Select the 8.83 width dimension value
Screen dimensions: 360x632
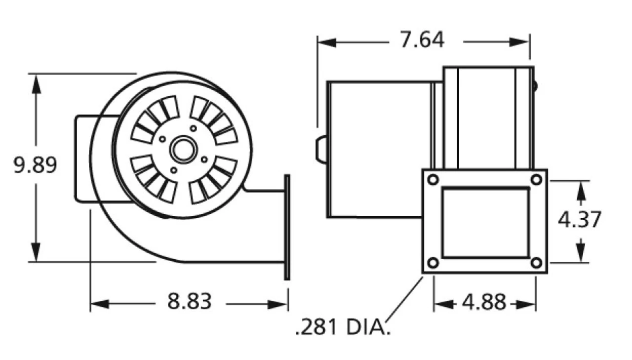189,301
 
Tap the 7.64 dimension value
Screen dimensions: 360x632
422,40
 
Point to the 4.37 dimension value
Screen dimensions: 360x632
580,220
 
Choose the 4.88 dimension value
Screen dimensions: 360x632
484,302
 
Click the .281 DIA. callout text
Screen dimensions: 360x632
342,327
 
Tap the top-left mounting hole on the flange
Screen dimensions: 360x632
433,180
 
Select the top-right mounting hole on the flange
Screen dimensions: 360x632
537,180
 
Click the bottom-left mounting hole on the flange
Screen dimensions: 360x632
433,263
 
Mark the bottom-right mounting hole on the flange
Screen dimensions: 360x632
537,263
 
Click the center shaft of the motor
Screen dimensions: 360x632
183,150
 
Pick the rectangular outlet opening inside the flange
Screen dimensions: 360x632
485,222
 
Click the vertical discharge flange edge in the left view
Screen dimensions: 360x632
287,227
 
